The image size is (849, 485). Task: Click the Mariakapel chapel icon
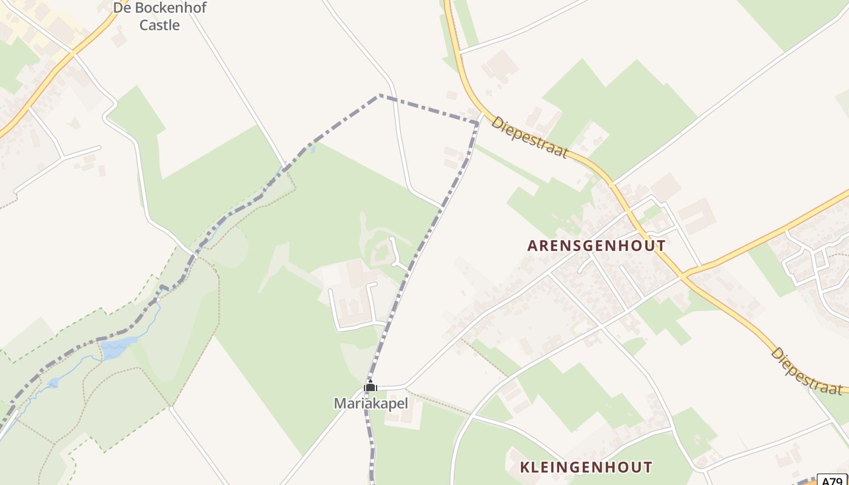(370, 386)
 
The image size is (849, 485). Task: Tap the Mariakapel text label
(371, 403)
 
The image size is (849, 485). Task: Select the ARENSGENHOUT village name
(596, 246)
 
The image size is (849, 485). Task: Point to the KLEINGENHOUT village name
(586, 467)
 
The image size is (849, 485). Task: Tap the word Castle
(159, 25)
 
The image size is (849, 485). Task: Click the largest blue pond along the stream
(117, 347)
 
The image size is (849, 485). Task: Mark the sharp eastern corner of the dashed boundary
(477, 123)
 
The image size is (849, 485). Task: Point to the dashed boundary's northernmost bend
(380, 95)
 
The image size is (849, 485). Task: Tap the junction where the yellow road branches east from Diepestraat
(683, 275)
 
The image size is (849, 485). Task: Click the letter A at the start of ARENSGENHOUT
(532, 246)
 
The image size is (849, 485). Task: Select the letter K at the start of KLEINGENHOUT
(525, 467)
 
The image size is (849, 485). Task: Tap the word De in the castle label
(121, 8)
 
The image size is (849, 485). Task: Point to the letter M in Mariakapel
(340, 403)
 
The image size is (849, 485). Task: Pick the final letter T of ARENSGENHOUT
(661, 246)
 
